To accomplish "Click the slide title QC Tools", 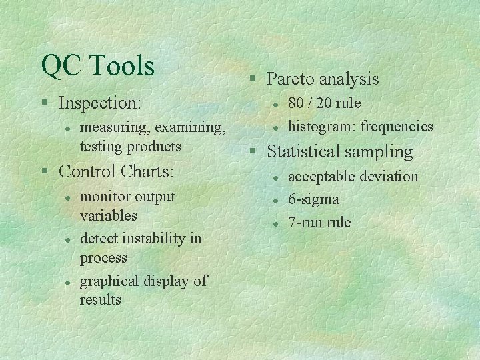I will (97, 65).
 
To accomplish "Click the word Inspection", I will (99, 103).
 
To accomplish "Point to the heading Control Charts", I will (116, 171).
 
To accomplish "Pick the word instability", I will (150, 239).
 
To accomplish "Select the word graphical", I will (110, 281).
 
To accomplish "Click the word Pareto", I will (291, 79).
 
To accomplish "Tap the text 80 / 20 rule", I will (324, 103).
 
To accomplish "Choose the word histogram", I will (317, 126).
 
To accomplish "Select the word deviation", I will (390, 177).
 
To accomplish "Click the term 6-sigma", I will (313, 199).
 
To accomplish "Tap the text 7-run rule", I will (319, 222).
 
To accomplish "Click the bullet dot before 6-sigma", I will (275, 200).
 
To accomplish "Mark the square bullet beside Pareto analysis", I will (254, 80).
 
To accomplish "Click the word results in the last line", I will (100, 300).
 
